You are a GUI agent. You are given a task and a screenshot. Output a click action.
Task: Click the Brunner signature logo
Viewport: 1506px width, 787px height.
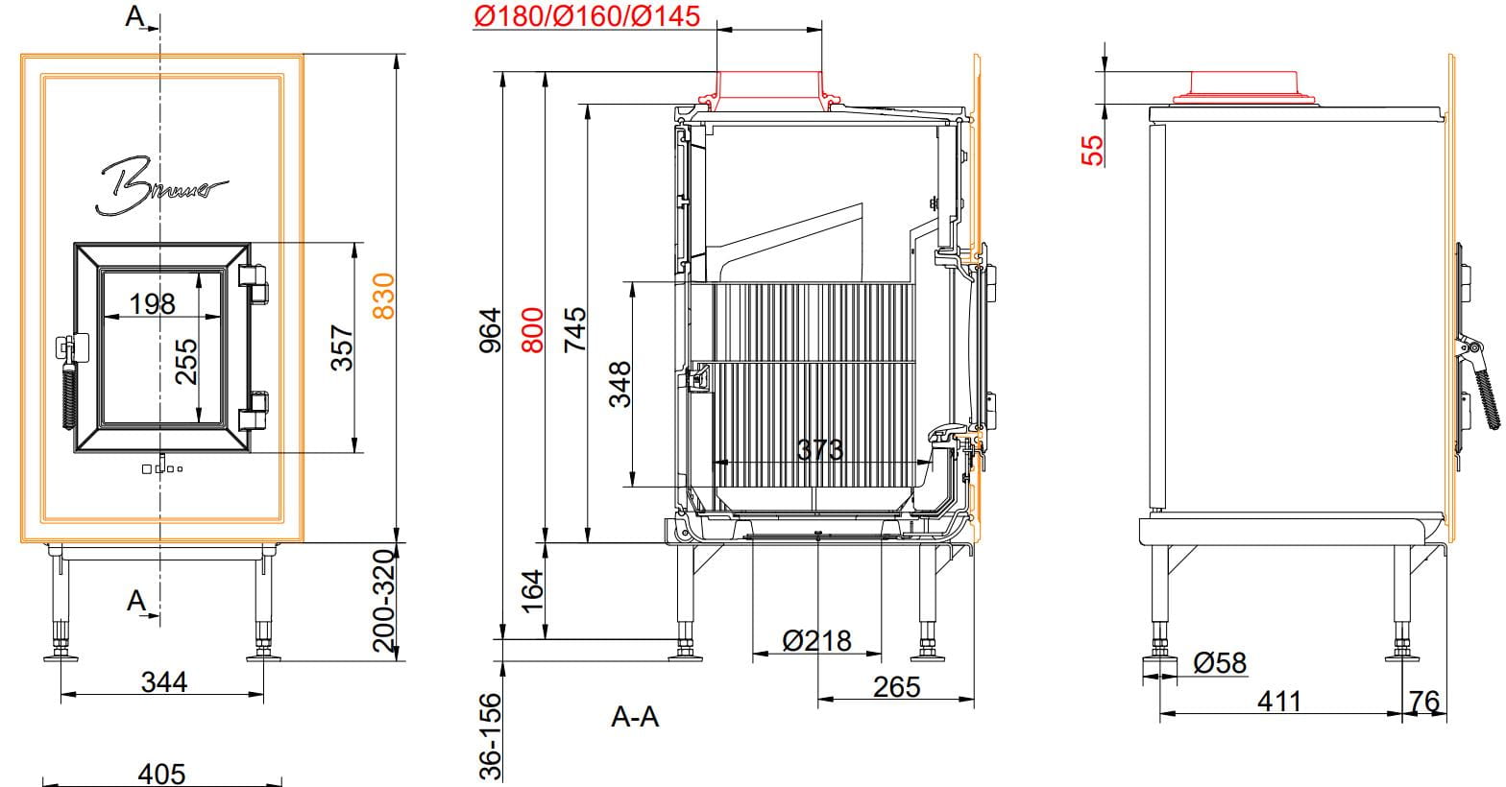point(161,186)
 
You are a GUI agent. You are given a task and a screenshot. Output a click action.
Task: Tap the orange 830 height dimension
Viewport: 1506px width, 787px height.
point(384,296)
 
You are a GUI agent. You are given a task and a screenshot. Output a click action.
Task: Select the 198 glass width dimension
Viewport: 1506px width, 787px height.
point(153,304)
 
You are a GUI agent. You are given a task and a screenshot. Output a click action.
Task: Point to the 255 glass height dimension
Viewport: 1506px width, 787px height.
point(186,361)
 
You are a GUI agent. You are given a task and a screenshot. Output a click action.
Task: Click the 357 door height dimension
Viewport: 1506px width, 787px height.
point(342,348)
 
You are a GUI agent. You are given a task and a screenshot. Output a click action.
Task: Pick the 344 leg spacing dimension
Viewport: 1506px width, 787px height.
point(164,682)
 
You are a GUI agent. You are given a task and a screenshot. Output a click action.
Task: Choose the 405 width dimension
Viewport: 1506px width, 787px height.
point(161,774)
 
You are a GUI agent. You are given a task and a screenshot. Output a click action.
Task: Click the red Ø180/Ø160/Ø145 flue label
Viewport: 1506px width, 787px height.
point(587,16)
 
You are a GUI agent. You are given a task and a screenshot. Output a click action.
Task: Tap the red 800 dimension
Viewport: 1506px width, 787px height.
point(532,330)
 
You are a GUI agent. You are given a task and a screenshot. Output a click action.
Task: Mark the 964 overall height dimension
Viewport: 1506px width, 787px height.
point(490,330)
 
